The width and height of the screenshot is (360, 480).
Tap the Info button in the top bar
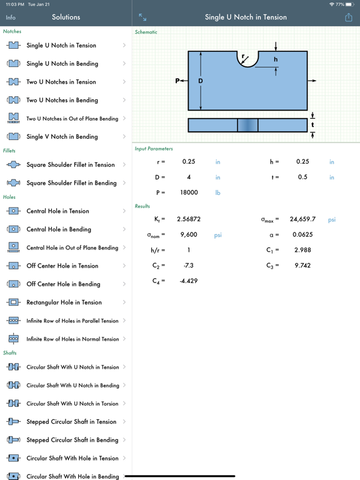(11, 17)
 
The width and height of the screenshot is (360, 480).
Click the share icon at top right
(348, 17)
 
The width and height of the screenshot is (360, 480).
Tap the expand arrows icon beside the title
(142, 17)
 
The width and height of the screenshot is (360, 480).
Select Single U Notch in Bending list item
(62, 64)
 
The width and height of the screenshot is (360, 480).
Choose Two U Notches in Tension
(61, 82)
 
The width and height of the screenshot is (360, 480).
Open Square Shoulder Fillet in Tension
(70, 165)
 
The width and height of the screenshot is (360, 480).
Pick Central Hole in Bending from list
(58, 229)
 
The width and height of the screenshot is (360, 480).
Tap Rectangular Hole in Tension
(64, 302)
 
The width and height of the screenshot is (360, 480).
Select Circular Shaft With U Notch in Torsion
(72, 404)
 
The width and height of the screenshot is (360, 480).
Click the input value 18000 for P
(189, 193)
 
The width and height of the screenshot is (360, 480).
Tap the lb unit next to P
(218, 193)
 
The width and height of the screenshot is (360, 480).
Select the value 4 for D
(189, 177)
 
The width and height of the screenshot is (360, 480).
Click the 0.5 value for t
(302, 177)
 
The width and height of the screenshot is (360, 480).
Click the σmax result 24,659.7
(302, 219)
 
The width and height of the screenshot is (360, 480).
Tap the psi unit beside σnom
(218, 235)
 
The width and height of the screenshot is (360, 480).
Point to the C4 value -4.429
(189, 281)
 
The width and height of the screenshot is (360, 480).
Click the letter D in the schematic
(201, 81)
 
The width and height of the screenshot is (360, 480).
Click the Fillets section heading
(9, 151)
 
